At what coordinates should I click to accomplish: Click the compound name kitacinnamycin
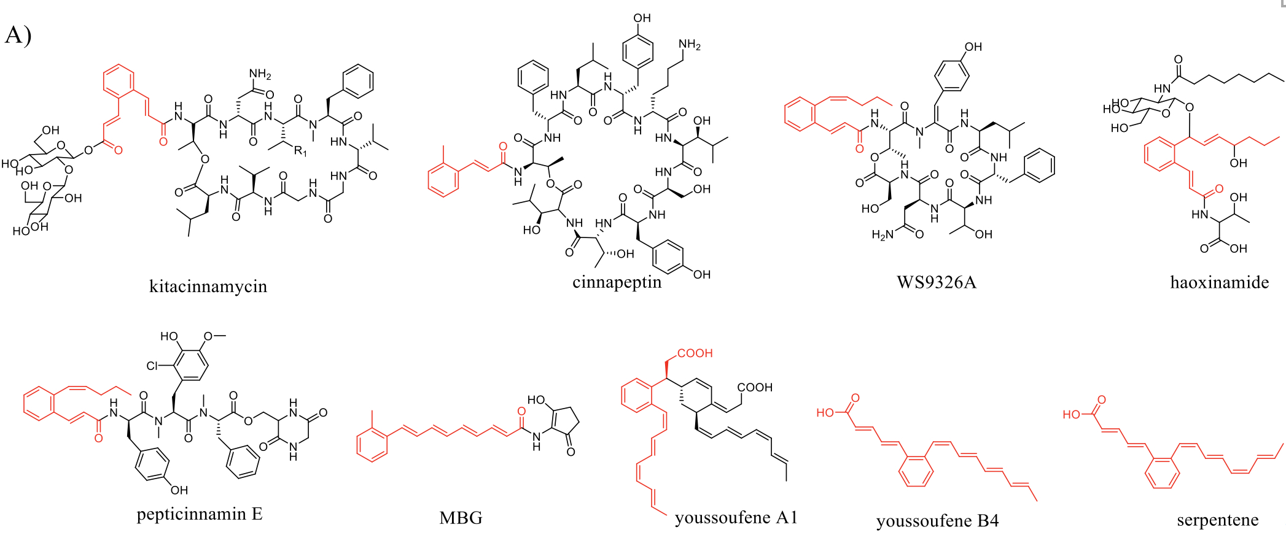point(208,287)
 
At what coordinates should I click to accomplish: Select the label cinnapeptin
point(617,283)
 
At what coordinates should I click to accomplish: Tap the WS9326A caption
point(936,282)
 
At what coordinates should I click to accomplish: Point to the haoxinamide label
point(1220,282)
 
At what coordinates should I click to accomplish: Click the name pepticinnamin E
point(200,514)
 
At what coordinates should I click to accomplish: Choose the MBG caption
point(461,518)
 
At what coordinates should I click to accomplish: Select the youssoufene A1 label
point(736,518)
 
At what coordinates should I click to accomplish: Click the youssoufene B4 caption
point(938,521)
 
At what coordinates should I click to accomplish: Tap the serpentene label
point(1218,520)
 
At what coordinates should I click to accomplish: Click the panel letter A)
point(18,35)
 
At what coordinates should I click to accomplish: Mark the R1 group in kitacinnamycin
point(300,151)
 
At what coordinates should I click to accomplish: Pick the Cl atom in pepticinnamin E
point(153,366)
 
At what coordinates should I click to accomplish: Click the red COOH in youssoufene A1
point(695,353)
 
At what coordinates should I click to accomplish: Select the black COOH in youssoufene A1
point(755,388)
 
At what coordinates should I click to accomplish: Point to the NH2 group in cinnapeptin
point(690,45)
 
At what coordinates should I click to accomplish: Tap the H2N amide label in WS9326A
point(883,235)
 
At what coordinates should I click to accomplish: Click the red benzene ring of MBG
point(372,445)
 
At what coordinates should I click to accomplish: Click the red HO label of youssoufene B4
point(825,413)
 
